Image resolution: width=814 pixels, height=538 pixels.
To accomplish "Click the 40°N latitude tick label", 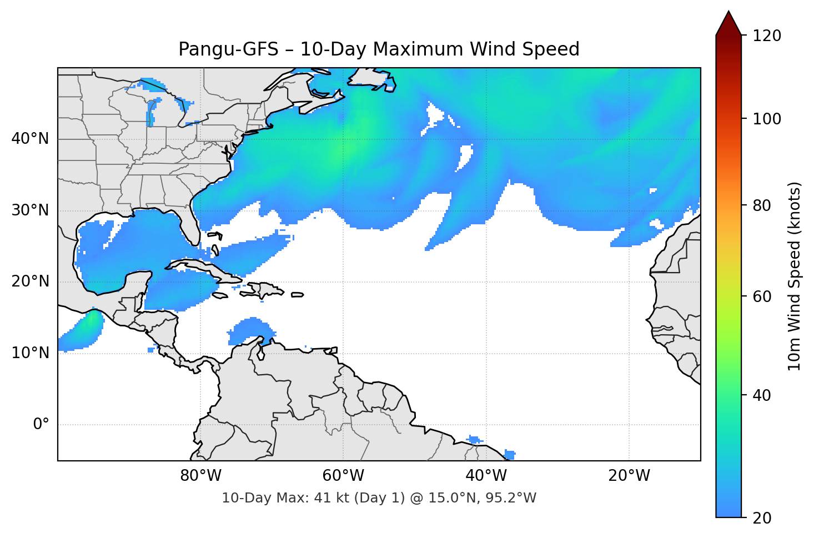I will [30, 139].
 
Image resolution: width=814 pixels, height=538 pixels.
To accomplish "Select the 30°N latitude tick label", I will [30, 210].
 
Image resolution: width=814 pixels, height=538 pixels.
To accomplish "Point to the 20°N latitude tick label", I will [30, 281].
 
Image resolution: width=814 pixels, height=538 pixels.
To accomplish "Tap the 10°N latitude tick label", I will [30, 353].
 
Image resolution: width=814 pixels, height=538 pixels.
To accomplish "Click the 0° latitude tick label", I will [41, 425].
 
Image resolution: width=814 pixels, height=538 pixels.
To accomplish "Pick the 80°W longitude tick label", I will [200, 476].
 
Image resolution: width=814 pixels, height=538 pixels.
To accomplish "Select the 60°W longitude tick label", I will [343, 476].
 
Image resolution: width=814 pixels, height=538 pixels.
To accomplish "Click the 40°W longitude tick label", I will [486, 476].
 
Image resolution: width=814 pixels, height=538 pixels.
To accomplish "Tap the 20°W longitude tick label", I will [629, 476].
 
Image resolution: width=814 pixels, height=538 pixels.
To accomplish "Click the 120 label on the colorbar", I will [767, 36].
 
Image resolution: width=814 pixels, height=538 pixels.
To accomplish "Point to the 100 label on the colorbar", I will [767, 119].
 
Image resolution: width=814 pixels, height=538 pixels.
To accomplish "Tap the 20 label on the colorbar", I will [762, 518].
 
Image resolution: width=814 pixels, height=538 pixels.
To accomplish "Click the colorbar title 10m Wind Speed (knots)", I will [795, 276].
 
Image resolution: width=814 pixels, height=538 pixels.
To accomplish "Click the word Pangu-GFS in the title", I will [228, 49].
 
